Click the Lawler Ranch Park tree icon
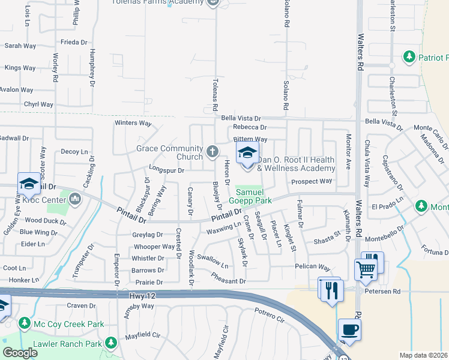[x=110, y=343]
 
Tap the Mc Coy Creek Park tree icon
[x=25, y=324]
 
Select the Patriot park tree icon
[x=409, y=57]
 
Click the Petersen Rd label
[x=384, y=292]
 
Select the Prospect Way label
[x=312, y=181]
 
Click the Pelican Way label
[x=312, y=266]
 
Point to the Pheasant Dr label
[x=229, y=278]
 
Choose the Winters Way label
[x=133, y=123]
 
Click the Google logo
[x=20, y=352]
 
